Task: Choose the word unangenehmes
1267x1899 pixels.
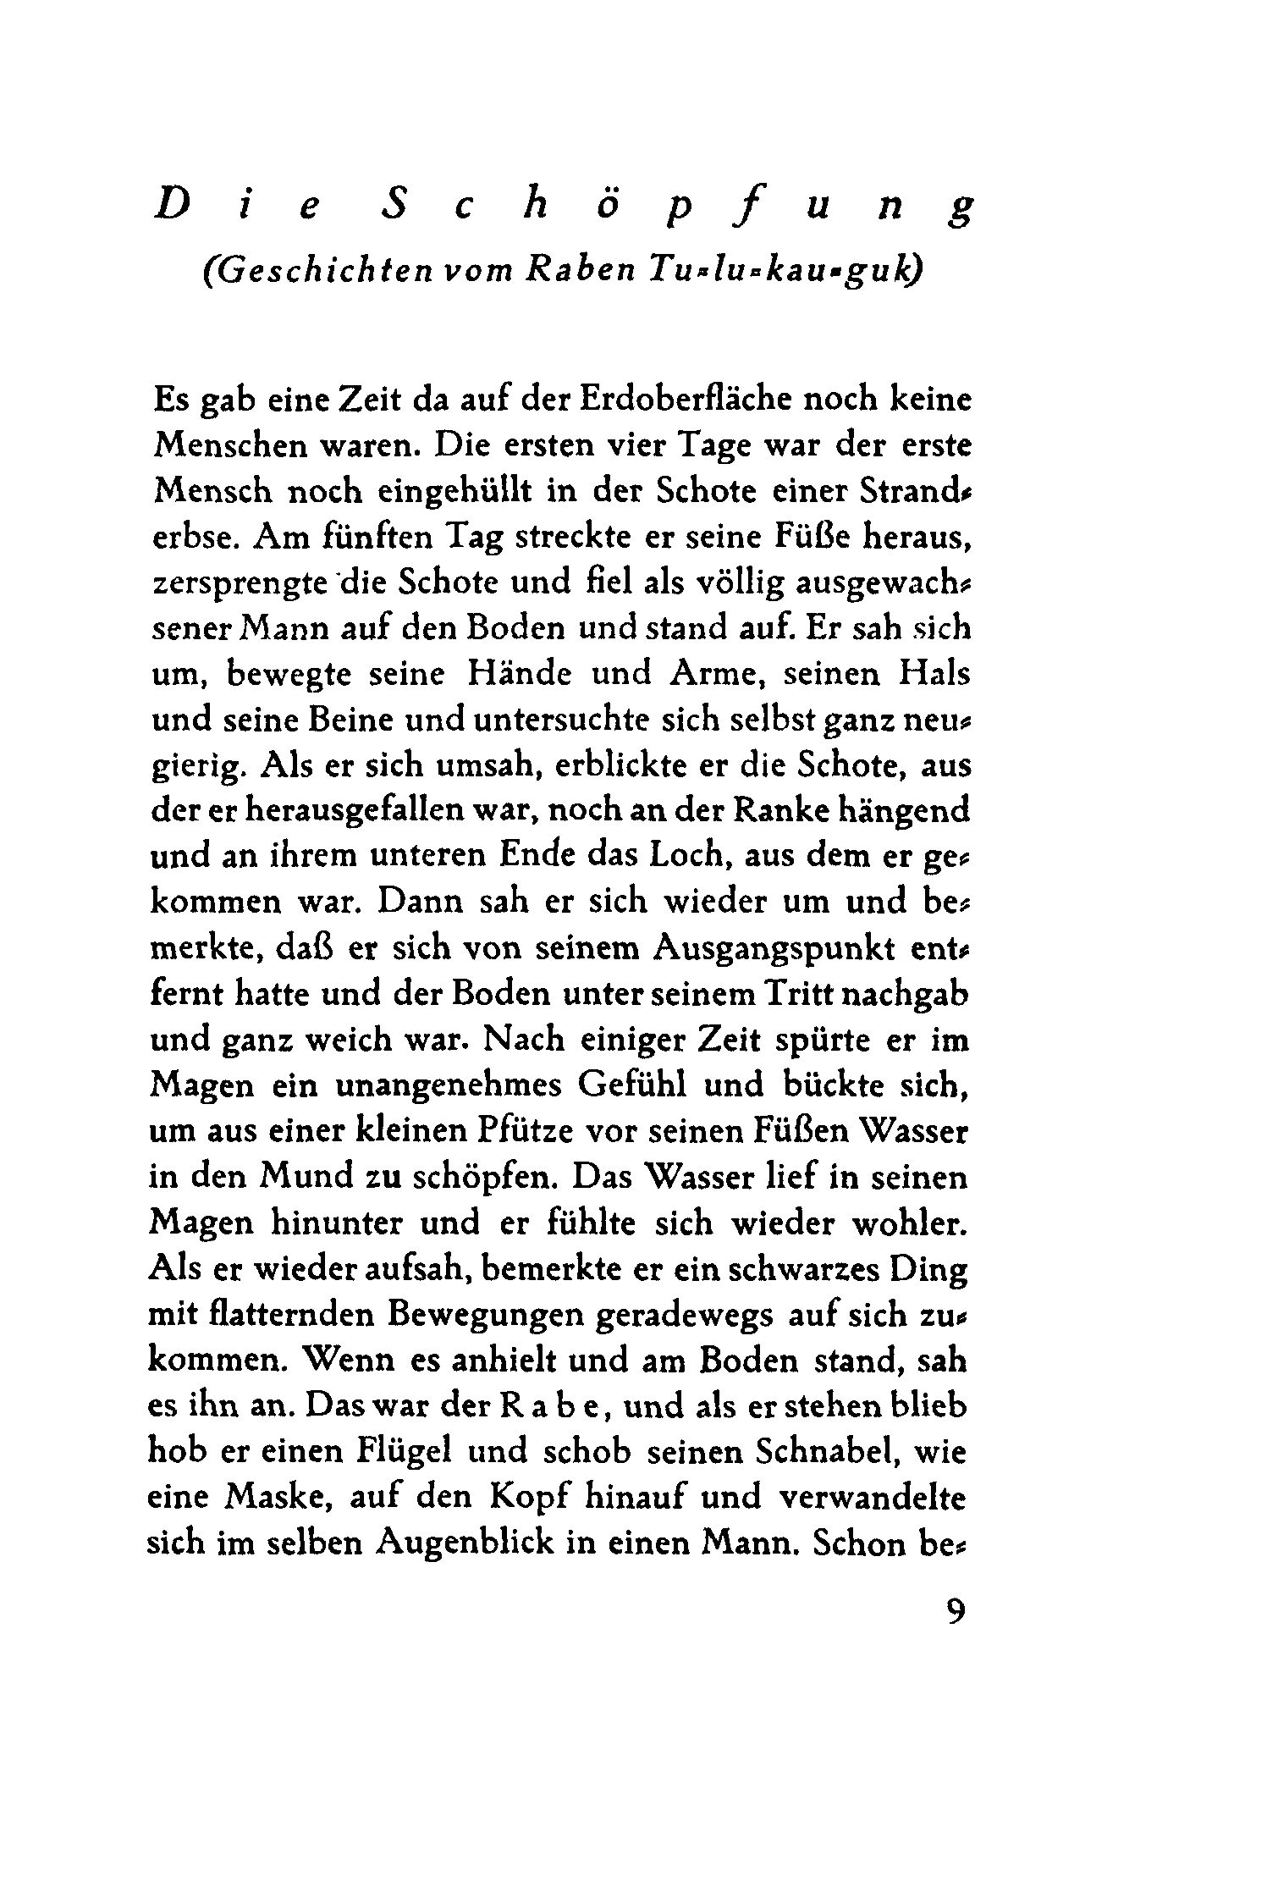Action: tap(441, 1085)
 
